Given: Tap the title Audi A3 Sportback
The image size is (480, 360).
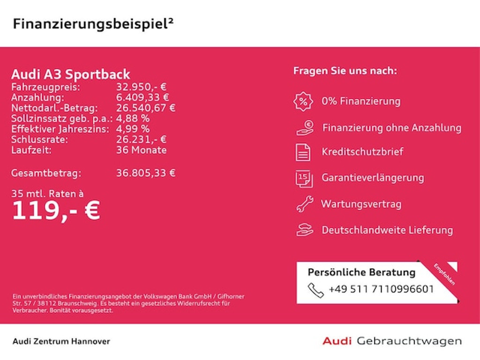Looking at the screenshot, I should pos(70,75).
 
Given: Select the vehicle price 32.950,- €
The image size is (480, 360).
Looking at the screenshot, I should pos(141,87).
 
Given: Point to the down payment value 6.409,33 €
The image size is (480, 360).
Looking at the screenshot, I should pos(142,97).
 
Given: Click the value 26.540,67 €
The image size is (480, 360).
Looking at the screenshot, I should pos(146,108).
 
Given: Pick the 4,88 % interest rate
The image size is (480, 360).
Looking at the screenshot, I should pos(133,119).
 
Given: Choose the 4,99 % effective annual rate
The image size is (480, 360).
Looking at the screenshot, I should pos(133,129).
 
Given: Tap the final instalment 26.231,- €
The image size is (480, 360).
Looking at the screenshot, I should pos(141,140).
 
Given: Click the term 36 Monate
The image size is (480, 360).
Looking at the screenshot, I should pos(141,150).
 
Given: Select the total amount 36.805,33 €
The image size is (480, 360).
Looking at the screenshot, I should pos(146,172).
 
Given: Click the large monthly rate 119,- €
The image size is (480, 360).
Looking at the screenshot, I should pos(56,210).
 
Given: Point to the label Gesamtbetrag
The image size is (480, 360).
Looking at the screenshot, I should pos(46,172).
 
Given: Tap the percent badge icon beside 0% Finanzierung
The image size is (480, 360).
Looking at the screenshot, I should pos(303,101).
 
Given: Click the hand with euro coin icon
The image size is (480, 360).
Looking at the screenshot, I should pos(305,127).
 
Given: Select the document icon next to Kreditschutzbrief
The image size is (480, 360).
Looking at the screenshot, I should pos(303,152).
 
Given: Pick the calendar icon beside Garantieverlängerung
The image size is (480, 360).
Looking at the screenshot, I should pos(304,178).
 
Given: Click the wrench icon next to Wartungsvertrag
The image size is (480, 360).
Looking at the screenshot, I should pos(304,204).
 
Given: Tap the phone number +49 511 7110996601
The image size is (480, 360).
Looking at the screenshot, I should pos(381,289).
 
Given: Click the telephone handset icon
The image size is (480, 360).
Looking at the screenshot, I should pos(315,290).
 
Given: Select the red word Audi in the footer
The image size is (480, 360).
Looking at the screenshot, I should pos(337,341).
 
